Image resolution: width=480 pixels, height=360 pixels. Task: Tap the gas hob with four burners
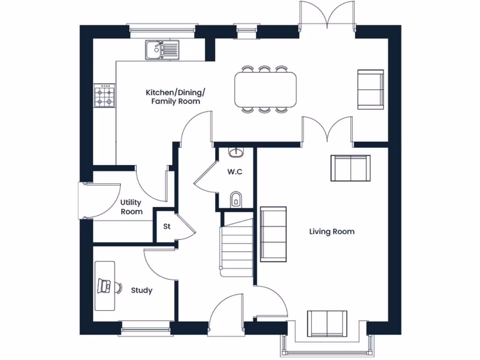104,96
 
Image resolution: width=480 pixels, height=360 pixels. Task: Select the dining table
265,89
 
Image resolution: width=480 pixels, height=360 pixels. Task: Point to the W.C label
235,172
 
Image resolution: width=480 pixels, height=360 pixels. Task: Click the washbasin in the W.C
236,152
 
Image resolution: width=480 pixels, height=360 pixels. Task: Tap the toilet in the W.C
236,199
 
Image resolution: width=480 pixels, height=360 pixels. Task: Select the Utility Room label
131,207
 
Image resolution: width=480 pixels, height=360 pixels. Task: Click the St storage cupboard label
166,227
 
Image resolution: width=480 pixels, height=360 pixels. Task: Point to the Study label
142,291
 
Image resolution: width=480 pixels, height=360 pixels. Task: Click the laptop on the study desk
105,285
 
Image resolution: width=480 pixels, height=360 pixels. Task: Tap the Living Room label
331,232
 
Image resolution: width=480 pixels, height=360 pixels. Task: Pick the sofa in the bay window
327,323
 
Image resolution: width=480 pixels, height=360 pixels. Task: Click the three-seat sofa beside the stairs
273,234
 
